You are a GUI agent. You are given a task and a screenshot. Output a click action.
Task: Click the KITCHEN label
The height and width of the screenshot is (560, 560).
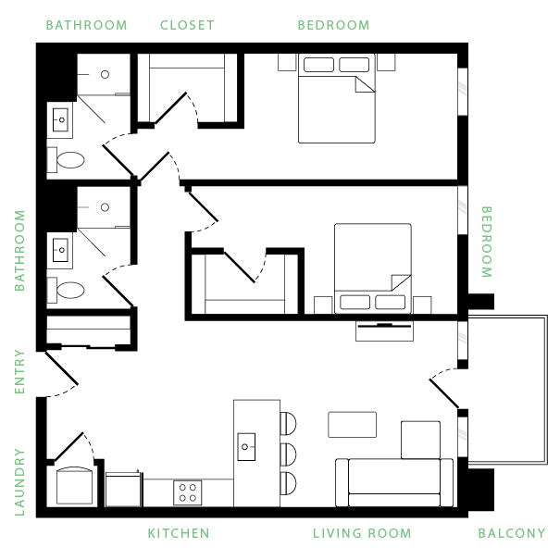coord(178,533)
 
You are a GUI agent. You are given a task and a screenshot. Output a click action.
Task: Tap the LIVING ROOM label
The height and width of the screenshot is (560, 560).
coord(362,533)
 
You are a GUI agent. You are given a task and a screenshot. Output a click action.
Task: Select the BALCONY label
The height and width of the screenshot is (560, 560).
coord(511,533)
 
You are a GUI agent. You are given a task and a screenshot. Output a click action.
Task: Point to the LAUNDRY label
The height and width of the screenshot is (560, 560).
coord(19,481)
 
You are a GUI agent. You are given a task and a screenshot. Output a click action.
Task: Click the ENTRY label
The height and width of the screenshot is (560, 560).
coord(19,371)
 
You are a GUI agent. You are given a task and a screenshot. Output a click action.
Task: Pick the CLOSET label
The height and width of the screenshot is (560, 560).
coord(187,25)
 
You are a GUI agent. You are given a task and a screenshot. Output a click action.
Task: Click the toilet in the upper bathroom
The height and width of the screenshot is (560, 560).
coord(69,160)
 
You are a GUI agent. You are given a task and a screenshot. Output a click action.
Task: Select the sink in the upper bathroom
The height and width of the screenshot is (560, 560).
coord(60,119)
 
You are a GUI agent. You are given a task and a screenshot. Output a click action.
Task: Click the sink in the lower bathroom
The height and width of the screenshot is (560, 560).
coord(60,249)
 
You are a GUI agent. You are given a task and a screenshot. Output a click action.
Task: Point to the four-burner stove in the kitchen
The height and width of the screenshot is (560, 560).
coord(189,492)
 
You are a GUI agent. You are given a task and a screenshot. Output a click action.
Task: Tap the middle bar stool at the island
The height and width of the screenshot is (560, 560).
coord(288,454)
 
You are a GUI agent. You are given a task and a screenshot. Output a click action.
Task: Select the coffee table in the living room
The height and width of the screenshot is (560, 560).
coord(352,424)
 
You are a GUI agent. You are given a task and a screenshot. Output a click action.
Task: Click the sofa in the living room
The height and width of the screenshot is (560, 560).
coord(394,482)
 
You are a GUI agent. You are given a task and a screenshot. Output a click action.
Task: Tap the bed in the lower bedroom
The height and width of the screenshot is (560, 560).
coord(372,268)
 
